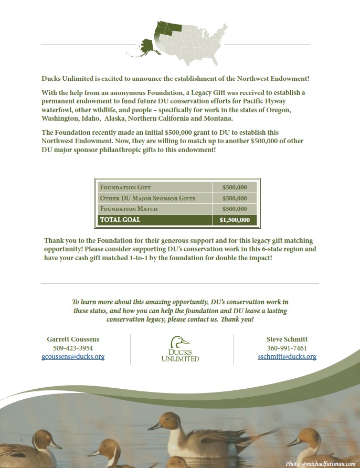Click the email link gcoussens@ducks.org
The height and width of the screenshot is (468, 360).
point(73,357)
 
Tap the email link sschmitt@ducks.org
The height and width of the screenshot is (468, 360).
point(287,357)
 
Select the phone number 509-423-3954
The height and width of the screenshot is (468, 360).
point(73,348)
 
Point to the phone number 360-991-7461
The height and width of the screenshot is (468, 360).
point(287,348)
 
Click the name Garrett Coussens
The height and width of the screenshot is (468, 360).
point(73,339)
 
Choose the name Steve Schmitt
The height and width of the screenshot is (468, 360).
point(287,339)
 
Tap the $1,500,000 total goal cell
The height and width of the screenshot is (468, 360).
point(235,220)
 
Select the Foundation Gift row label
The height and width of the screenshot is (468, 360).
point(125,187)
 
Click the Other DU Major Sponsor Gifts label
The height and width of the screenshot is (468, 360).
point(147,198)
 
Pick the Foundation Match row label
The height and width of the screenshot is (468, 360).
point(129,209)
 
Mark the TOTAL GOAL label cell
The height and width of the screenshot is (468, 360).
point(120,220)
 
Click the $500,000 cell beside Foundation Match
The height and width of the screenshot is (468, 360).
point(235,209)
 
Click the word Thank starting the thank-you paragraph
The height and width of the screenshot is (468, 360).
point(54,241)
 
